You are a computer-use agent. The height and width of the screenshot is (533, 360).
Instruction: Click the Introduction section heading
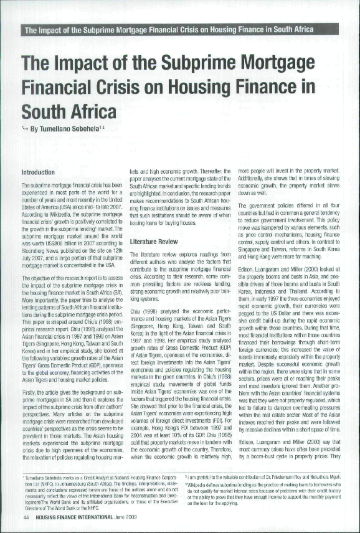(39, 171)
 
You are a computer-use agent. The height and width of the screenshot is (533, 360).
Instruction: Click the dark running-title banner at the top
(179, 30)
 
